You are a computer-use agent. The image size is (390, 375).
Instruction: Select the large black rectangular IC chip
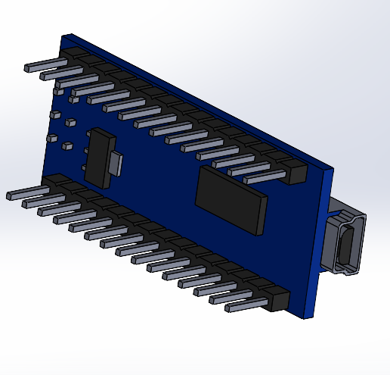click(231, 198)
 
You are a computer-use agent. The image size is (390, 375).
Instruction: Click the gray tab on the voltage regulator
click(116, 161)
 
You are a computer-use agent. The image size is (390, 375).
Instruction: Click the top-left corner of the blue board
click(66, 36)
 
